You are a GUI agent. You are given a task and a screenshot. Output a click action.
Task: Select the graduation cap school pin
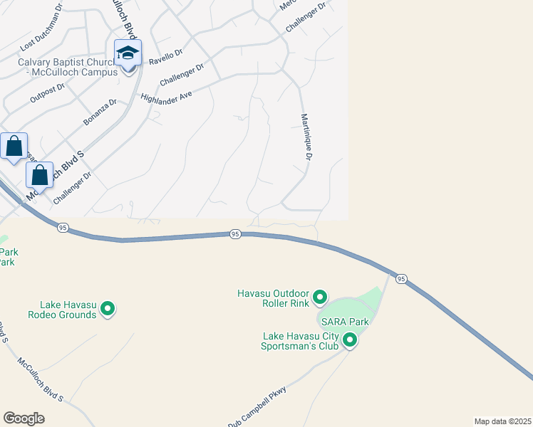tap(128, 54)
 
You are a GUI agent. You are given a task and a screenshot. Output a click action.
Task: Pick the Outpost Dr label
tap(48, 93)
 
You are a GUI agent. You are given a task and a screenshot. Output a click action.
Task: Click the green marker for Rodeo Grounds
tap(108, 309)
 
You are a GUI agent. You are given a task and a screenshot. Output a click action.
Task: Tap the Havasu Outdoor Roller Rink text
tap(274, 298)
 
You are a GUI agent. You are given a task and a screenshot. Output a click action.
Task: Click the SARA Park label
tap(345, 322)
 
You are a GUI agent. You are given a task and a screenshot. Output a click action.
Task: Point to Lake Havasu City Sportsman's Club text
tap(299, 342)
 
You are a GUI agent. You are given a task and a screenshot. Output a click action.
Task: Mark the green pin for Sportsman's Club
tap(350, 340)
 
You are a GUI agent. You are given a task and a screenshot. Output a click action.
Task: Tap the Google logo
tap(24, 418)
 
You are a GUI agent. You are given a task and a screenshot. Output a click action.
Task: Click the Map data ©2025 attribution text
tap(502, 421)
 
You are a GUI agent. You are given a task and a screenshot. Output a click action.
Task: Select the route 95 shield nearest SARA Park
tap(401, 278)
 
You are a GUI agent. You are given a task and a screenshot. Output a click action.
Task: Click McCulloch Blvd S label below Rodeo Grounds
tap(41, 379)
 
